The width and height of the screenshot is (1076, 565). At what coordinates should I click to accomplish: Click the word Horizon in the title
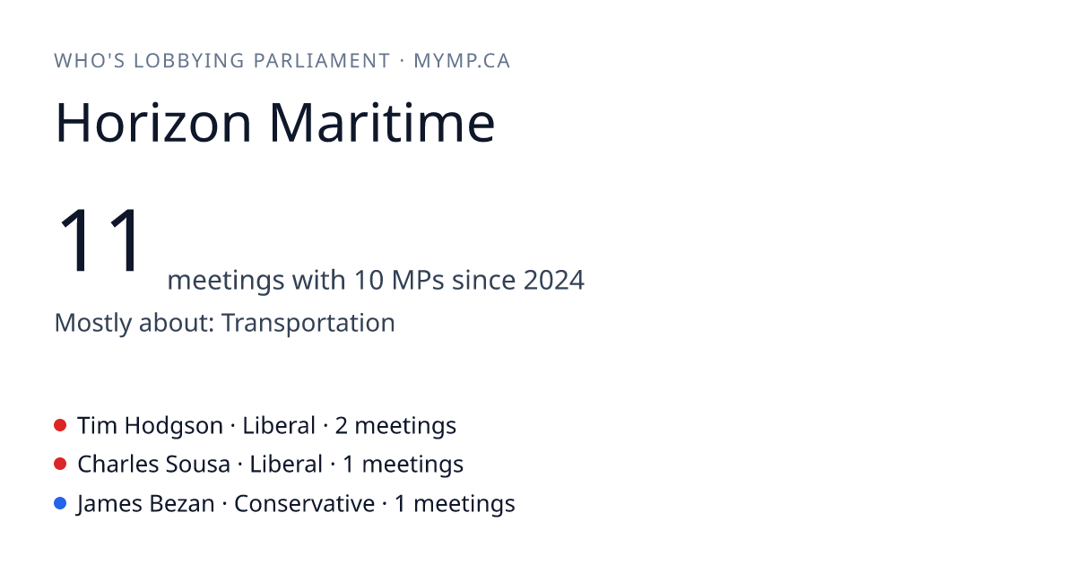pos(153,123)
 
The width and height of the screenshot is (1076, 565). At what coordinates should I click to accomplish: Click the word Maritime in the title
pos(382,123)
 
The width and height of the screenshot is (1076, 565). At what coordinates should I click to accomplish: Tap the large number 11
pos(99,239)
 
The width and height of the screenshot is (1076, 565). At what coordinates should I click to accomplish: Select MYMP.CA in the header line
pos(462,61)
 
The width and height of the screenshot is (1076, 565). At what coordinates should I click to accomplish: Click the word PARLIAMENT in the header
pos(322,61)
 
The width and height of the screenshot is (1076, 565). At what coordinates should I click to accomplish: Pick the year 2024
pos(554,280)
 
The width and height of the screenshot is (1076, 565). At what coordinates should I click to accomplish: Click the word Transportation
pos(308,322)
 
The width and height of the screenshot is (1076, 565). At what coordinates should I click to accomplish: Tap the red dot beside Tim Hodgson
pos(60,425)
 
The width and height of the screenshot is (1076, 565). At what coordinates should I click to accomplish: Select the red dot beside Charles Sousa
pos(60,465)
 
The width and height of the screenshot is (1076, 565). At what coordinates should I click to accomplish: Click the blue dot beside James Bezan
pos(60,503)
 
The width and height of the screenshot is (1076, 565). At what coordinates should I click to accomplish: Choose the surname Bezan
pos(181,503)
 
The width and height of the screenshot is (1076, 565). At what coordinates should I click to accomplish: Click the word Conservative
pos(305,503)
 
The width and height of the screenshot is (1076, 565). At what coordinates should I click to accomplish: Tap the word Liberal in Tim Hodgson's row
pos(279,425)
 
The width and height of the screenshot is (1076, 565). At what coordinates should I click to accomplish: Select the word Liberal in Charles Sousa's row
pos(286,465)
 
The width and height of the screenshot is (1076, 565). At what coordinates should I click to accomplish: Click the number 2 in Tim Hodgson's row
pos(341,426)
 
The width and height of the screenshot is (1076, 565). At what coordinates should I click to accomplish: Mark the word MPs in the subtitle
pos(418,280)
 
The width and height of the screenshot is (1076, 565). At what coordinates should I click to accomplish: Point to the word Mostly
pos(92,324)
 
